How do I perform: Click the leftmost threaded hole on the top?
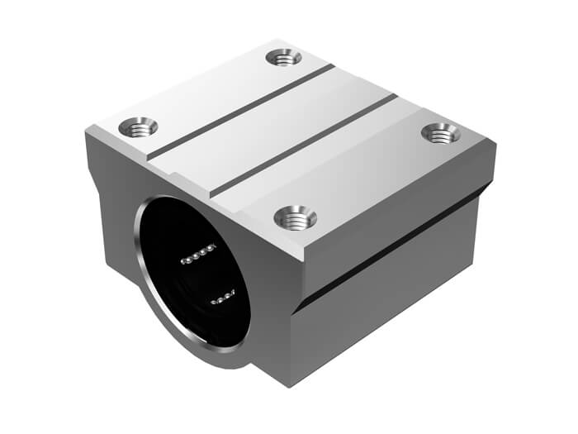pyautogui.click(x=138, y=127)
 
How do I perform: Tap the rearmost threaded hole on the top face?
pyautogui.click(x=283, y=57)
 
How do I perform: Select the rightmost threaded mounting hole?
pyautogui.click(x=440, y=131)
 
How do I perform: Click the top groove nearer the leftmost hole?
pyautogui.click(x=239, y=112)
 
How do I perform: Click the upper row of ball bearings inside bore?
pyautogui.click(x=198, y=254)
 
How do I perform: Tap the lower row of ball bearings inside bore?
pyautogui.click(x=222, y=298)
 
